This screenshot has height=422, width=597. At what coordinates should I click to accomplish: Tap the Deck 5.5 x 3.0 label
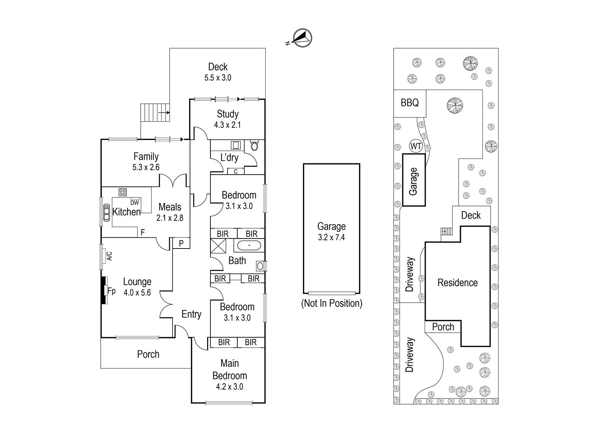(x=218, y=72)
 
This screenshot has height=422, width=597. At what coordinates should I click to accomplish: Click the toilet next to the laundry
(x=254, y=145)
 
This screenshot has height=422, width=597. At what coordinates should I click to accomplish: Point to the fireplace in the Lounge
(x=104, y=290)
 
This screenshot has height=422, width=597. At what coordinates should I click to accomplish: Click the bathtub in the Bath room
(x=249, y=245)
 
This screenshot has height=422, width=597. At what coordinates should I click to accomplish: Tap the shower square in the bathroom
(x=218, y=246)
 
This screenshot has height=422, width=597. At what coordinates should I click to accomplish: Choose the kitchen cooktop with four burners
(x=123, y=192)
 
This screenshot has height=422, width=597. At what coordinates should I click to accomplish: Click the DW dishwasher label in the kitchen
(x=135, y=203)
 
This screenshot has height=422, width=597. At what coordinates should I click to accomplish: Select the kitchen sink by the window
(x=107, y=212)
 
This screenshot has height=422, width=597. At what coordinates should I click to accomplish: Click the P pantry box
(x=181, y=243)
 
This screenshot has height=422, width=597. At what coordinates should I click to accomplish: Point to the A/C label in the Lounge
(x=109, y=256)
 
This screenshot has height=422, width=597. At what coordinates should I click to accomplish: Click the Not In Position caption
(x=332, y=303)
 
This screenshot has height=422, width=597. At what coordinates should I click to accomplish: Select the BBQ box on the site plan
(x=410, y=103)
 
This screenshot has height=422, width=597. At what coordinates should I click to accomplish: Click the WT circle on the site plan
(x=416, y=146)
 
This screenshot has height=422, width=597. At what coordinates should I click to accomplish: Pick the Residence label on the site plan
(x=457, y=282)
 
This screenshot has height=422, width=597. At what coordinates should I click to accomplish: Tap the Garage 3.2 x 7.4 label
(x=332, y=232)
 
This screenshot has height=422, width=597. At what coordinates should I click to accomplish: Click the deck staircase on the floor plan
(x=155, y=113)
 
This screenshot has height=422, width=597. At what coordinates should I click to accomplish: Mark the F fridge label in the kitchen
(x=143, y=232)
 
